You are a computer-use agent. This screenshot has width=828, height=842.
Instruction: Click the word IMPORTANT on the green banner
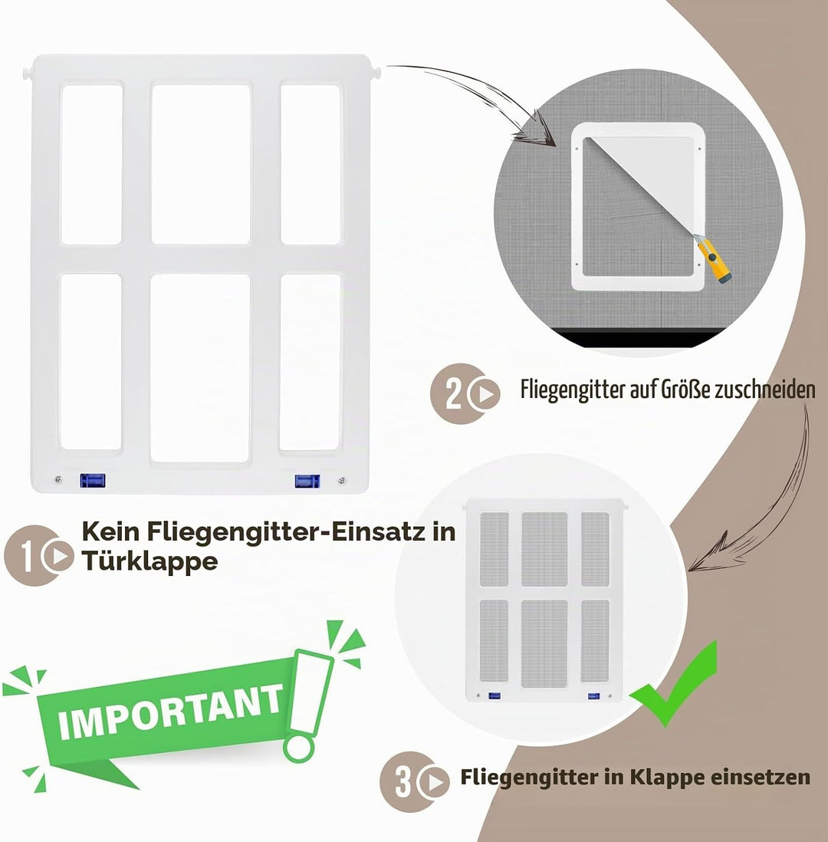pyautogui.click(x=171, y=712)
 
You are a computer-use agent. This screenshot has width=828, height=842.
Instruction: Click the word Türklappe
pyautogui.click(x=149, y=562)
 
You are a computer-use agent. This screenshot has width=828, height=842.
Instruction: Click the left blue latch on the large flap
pyautogui.click(x=92, y=480)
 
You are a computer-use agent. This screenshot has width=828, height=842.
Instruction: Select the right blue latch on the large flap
pyautogui.click(x=307, y=481)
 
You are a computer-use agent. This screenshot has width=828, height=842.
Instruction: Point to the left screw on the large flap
pyautogui.click(x=58, y=479)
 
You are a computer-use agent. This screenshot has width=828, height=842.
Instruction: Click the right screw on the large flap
pyautogui.click(x=341, y=481)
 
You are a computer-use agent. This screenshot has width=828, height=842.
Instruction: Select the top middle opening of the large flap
pyautogui.click(x=201, y=164)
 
